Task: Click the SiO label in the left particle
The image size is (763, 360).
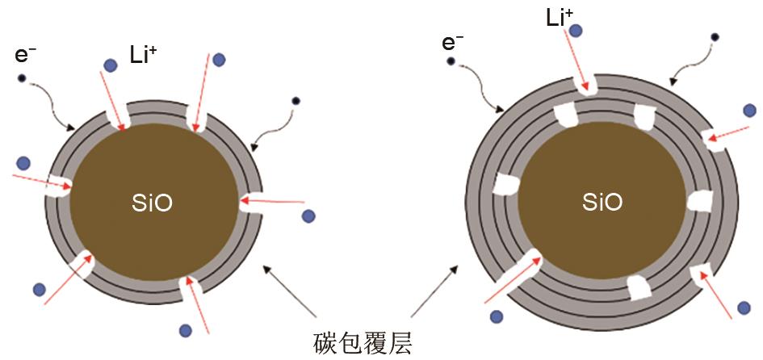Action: click(x=152, y=203)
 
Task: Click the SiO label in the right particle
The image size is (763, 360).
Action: click(x=602, y=203)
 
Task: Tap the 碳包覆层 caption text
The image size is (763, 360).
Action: click(x=363, y=345)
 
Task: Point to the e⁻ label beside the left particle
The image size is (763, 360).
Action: click(x=26, y=55)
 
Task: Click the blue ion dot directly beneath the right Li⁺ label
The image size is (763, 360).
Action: click(x=576, y=31)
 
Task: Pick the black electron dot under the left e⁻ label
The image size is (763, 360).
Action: click(x=23, y=78)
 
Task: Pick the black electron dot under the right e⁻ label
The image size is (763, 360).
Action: click(x=451, y=61)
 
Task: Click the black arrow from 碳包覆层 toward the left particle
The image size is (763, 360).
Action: click(x=290, y=294)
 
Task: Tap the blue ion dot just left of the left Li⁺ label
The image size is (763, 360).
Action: click(x=111, y=65)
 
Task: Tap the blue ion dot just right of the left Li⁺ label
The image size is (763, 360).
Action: click(x=219, y=60)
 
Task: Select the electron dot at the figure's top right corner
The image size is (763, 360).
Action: click(x=715, y=37)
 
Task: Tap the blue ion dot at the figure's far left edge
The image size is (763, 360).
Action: click(x=24, y=162)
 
